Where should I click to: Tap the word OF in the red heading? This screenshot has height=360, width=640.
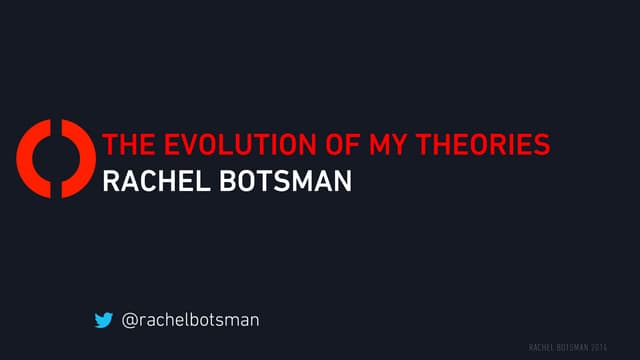[x=334, y=145]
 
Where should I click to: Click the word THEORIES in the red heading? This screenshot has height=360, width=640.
[x=482, y=145]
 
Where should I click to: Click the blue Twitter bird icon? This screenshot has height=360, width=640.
[x=103, y=320]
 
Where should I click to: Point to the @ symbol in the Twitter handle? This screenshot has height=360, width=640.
[x=129, y=320]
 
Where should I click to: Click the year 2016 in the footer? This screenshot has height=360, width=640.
[x=598, y=347]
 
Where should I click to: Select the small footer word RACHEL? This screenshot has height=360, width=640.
[x=541, y=347]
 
